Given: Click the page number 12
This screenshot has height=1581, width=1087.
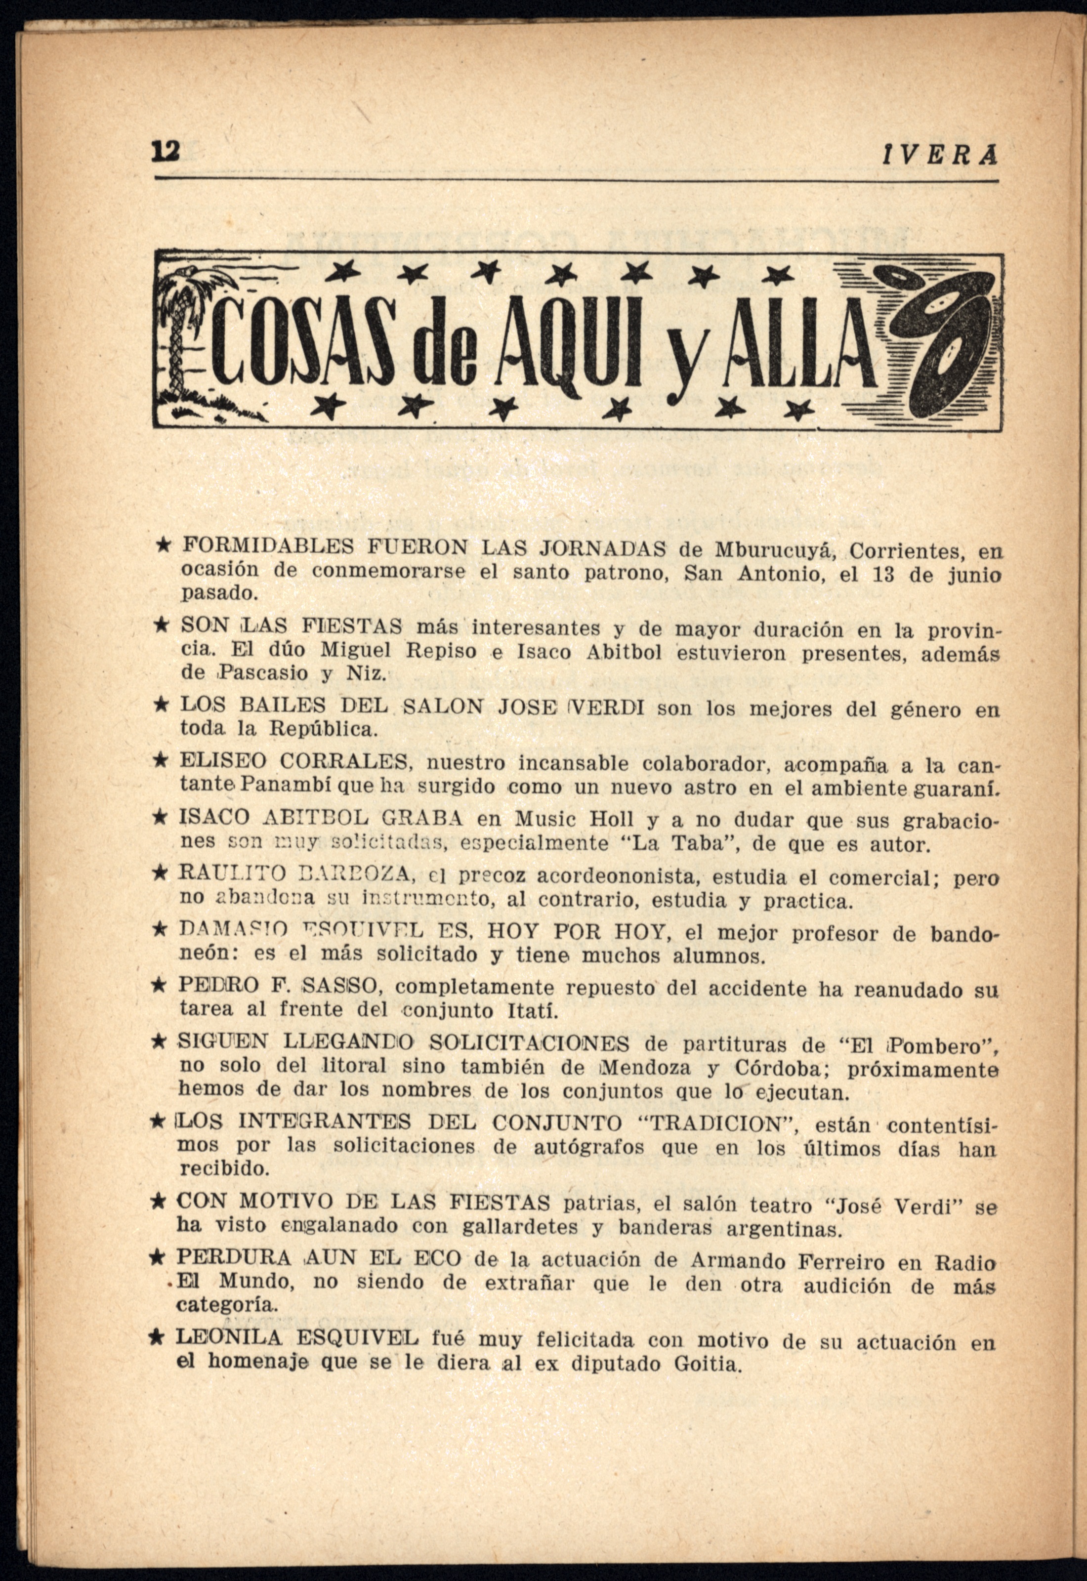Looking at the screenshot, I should click(x=166, y=151).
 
